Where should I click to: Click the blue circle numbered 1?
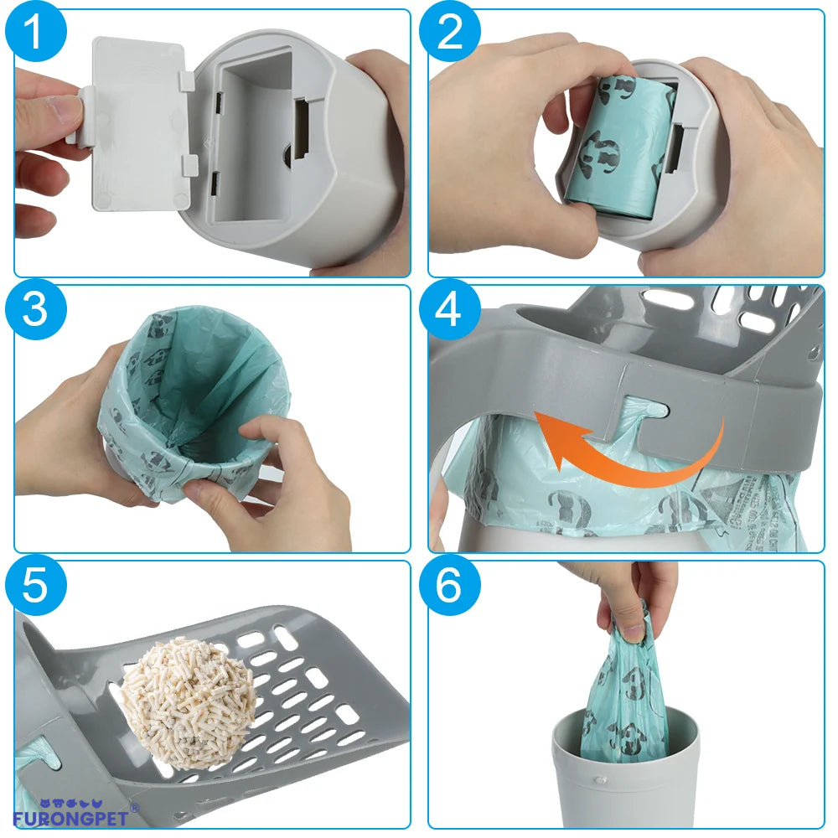[34, 35]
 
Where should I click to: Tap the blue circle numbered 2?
[450, 34]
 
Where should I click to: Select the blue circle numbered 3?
[34, 310]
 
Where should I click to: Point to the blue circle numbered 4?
[450, 310]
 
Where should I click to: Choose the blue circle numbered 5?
[34, 586]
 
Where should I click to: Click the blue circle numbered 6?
[450, 586]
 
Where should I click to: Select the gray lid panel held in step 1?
[138, 126]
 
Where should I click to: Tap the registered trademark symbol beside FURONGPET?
[135, 808]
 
